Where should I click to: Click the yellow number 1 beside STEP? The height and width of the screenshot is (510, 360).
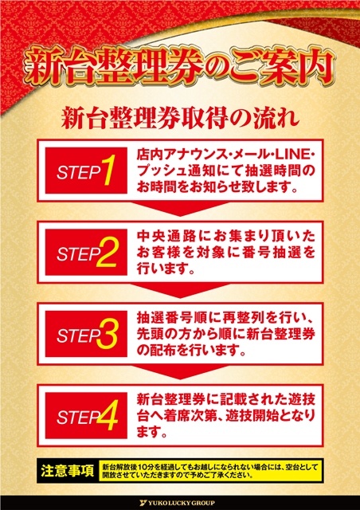108,171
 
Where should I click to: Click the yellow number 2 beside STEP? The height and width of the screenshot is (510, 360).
107,252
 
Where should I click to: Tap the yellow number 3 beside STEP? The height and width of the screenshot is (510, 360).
107,334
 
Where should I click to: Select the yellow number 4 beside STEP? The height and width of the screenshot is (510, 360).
107,416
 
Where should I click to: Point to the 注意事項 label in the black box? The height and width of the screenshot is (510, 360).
68,471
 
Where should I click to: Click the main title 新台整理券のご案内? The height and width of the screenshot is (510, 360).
180,67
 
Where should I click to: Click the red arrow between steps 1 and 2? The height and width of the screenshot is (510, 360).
180,209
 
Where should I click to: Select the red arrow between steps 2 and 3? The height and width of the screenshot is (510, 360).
180,290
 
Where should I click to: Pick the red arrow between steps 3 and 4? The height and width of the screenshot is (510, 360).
180,372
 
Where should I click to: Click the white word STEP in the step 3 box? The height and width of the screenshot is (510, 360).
78,336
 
